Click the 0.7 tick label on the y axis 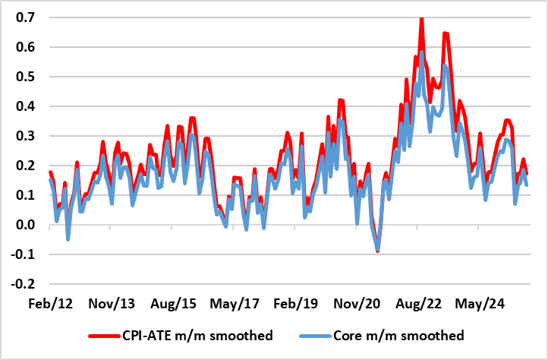point(20,17)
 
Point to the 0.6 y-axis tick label point(20,47)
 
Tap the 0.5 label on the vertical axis point(20,77)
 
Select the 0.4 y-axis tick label point(20,106)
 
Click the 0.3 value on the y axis point(20,136)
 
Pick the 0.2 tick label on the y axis point(20,166)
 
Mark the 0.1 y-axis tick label point(20,195)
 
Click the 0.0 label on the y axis point(20,225)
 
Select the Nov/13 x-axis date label point(112,304)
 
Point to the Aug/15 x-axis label point(175,304)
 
